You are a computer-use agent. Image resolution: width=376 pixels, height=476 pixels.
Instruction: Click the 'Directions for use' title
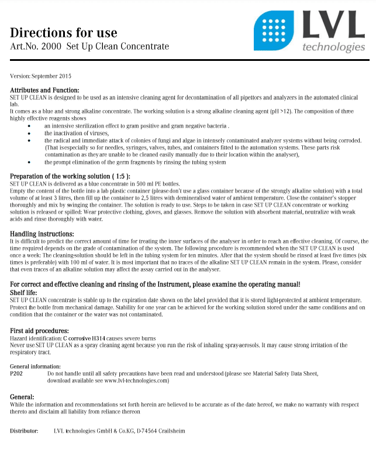click(x=64, y=32)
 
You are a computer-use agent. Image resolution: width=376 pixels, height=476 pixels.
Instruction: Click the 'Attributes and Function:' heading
click(x=44, y=90)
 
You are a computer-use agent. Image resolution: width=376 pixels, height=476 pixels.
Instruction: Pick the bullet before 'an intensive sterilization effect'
click(x=30, y=126)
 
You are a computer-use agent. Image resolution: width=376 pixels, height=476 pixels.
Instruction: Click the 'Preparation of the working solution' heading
click(x=70, y=176)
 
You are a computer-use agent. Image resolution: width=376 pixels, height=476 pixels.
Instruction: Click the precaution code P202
click(x=17, y=373)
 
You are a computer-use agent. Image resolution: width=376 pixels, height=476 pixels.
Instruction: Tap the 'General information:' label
click(x=35, y=366)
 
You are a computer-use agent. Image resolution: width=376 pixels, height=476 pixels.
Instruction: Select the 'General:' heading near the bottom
click(x=22, y=397)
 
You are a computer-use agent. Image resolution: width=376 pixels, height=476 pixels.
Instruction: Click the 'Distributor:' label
click(x=24, y=431)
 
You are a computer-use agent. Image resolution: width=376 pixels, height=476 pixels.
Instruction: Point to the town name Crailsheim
click(x=172, y=431)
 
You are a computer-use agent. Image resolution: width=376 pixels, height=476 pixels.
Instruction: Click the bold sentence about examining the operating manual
click(x=155, y=284)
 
